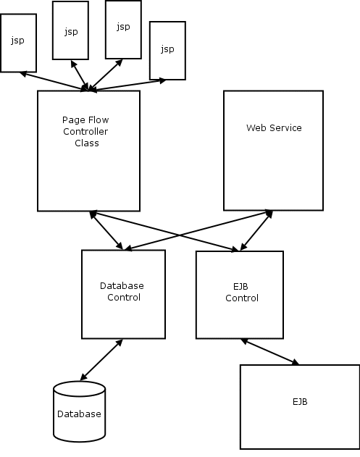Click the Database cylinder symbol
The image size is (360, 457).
[79, 411]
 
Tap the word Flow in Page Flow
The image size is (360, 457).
[98, 120]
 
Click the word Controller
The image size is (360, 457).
[85, 131]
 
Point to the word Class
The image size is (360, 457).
[87, 143]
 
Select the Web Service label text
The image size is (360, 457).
[274, 127]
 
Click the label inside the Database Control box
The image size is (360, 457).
[122, 291]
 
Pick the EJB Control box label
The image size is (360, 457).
[242, 293]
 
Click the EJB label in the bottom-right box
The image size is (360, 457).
[300, 402]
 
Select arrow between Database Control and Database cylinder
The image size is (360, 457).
[101, 360]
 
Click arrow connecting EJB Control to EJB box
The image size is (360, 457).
[270, 352]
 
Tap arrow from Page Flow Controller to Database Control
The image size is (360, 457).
[106, 230]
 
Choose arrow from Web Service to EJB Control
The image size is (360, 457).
[256, 230]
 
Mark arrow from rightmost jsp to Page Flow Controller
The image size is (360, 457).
[127, 85]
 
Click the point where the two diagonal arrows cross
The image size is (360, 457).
[179, 235]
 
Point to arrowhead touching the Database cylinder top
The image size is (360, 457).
[83, 377]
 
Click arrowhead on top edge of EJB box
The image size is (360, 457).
[296, 362]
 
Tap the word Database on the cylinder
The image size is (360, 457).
[79, 414]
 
